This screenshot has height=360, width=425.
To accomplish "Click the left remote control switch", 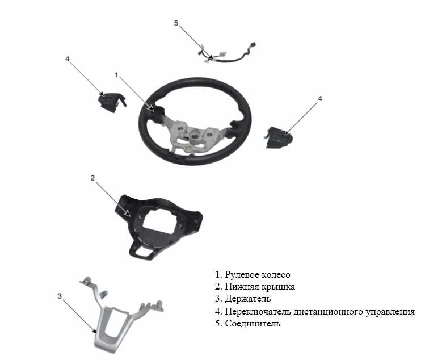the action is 110,102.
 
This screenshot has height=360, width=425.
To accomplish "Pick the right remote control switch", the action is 279,137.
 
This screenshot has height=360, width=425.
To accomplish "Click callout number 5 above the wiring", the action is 176,23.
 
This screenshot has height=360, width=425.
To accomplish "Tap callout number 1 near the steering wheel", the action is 116,75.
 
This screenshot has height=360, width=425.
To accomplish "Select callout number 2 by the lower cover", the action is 92,178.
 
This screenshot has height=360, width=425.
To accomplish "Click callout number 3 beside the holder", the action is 60,296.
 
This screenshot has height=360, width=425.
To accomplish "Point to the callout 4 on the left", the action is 67,58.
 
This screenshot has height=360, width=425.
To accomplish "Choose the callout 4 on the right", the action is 320,98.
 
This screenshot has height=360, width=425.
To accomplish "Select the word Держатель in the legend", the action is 248,299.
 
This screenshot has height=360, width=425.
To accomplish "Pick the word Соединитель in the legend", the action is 253,324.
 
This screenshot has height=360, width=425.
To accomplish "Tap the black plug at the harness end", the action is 253,45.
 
